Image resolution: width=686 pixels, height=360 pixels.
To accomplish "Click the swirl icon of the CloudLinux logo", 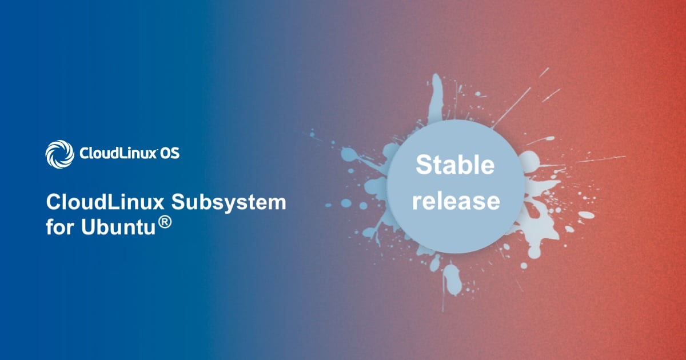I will (60, 154).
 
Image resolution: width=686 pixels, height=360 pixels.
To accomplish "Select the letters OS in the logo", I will (170, 154).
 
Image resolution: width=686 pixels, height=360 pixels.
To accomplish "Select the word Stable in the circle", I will (455, 165).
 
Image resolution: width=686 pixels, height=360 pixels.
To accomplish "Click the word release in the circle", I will (456, 201).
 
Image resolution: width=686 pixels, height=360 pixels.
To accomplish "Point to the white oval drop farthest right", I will (587, 215).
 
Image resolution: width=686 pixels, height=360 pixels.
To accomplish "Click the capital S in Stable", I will (422, 165).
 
